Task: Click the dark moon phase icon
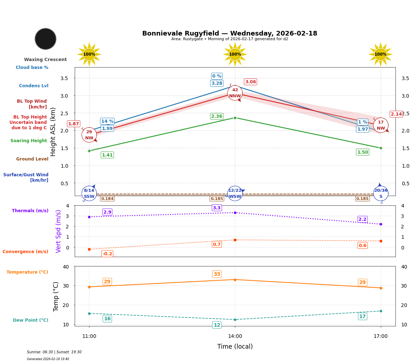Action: tap(46, 39)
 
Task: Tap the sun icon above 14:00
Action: tap(235, 54)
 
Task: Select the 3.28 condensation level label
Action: tap(217, 83)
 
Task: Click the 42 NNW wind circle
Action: tap(235, 93)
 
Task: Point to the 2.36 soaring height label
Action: tap(217, 116)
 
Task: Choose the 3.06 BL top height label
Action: tap(250, 82)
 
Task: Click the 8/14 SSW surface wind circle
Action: tap(89, 193)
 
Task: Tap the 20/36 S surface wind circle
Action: tap(381, 193)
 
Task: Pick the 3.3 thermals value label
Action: tap(217, 208)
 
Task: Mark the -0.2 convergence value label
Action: tap(107, 254)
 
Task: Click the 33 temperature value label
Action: tap(217, 274)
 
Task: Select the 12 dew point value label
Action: tap(217, 325)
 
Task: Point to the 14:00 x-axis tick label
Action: tap(235, 336)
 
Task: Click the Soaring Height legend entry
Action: tap(29, 141)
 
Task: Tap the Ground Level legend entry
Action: tap(32, 159)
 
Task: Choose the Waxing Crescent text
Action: tap(45, 60)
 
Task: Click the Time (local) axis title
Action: tap(235, 346)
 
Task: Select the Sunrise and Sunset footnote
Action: tap(54, 352)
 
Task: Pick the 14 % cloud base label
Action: tap(107, 121)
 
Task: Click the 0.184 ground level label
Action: tap(107, 199)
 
